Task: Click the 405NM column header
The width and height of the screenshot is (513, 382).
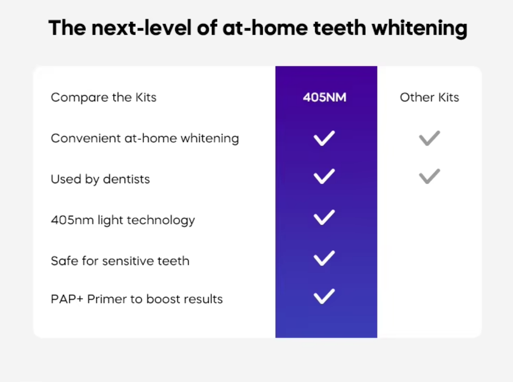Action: point(325,97)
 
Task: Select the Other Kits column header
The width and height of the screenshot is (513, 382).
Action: point(429,97)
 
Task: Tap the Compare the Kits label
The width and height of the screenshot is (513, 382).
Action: point(104,98)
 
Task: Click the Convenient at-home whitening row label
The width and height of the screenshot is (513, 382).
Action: point(145,138)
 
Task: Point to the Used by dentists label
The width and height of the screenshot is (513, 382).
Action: point(101,179)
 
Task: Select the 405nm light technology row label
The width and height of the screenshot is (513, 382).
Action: point(123,220)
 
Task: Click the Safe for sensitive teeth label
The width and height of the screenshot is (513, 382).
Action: point(120,261)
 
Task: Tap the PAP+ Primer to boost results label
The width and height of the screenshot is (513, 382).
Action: point(137,299)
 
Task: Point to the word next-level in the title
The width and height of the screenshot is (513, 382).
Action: point(141,28)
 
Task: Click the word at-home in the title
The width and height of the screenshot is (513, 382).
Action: point(265,28)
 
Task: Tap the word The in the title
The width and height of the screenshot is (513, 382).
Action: point(67,28)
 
